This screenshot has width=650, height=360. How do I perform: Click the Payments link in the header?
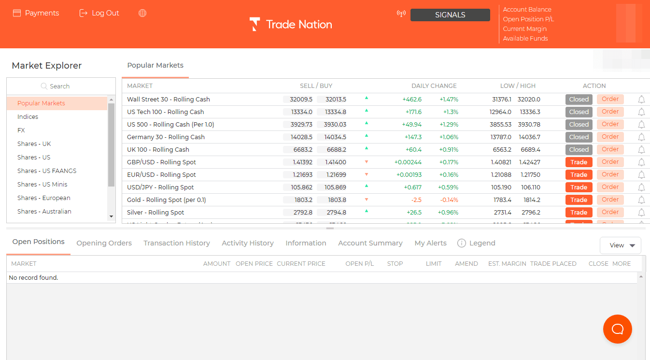36,13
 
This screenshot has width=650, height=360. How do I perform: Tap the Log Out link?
99,13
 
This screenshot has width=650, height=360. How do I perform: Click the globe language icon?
142,13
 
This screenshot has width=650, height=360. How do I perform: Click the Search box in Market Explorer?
61,86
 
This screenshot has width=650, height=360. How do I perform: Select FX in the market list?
21,130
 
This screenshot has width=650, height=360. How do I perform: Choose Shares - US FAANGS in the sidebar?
47,171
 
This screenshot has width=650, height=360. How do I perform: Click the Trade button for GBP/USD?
579,162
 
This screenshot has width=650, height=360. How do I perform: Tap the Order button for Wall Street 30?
610,99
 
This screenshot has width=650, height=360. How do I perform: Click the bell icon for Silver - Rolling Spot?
641,212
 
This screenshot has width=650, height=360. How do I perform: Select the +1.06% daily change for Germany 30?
448,137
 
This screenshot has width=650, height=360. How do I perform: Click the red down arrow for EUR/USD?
367,174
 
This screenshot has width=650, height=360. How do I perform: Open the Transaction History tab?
177,243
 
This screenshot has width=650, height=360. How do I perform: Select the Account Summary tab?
370,243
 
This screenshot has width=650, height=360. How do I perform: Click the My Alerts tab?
430,243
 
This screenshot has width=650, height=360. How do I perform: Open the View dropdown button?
620,245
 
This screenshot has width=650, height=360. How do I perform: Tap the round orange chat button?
617,329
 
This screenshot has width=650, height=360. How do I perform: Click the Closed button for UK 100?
579,149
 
